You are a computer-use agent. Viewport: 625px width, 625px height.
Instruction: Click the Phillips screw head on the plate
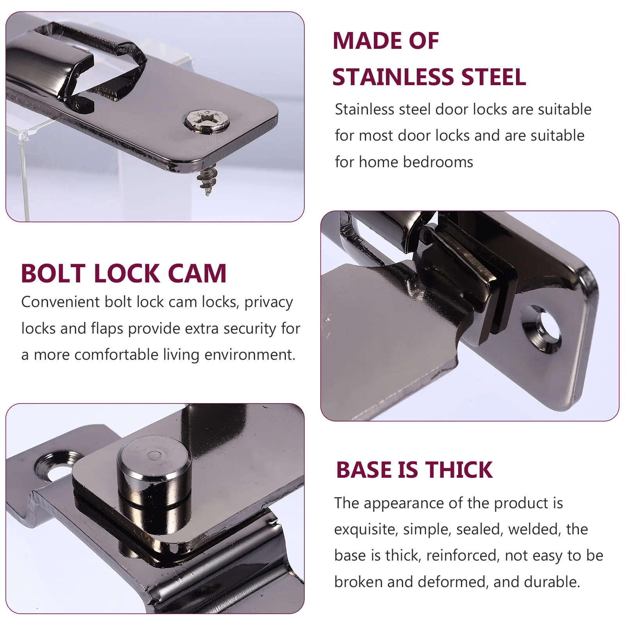click(207, 120)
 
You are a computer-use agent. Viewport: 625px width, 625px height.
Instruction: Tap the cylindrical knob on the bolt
click(154, 467)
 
